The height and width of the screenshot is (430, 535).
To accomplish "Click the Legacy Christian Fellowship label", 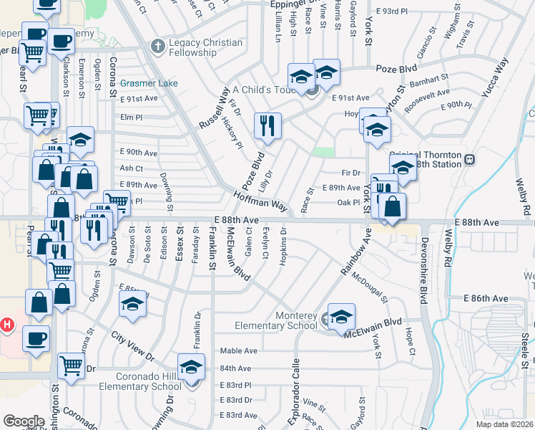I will [x=205, y=44].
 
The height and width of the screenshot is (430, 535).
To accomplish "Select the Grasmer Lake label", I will [x=149, y=83].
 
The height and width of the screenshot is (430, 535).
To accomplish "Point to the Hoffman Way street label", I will [x=260, y=200].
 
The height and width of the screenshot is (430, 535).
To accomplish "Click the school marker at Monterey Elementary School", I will [x=341, y=316].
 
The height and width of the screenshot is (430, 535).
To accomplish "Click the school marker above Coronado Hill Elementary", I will [x=190, y=368].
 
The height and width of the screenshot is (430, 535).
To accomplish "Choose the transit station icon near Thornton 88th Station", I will [x=469, y=159].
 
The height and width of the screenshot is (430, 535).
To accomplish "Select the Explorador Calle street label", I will [x=294, y=393].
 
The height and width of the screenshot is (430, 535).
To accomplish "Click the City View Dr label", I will [x=132, y=346].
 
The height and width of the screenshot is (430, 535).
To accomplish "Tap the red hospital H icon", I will [x=7, y=325].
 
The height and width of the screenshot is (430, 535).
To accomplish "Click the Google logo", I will [x=24, y=421].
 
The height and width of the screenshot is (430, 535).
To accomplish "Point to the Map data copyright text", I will [x=504, y=424].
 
